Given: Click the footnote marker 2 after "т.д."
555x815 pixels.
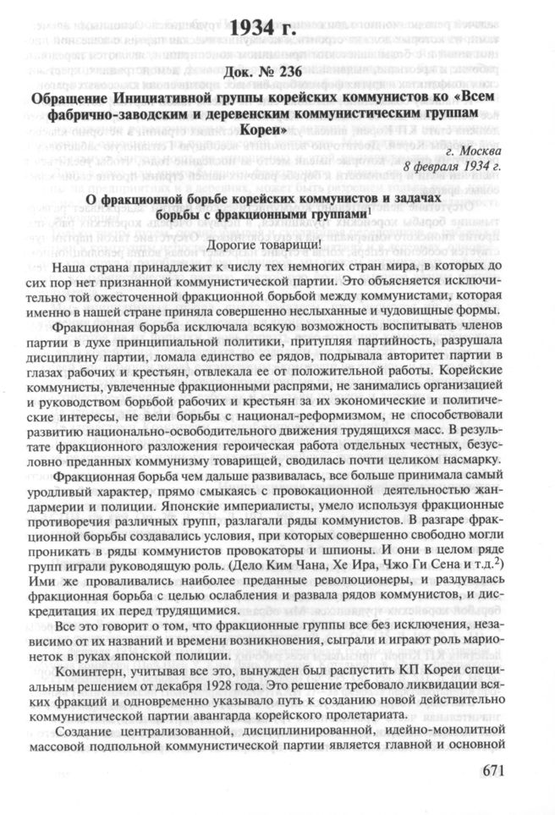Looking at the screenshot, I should point(508,561).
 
